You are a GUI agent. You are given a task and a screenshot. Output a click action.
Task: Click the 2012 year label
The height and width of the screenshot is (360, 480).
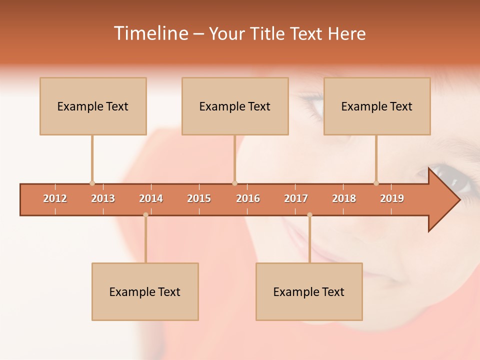pos(55,198)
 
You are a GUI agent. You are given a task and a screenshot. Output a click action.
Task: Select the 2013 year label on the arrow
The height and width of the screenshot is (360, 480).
pos(103,198)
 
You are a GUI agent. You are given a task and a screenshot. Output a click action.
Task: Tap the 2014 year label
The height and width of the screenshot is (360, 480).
pos(151,198)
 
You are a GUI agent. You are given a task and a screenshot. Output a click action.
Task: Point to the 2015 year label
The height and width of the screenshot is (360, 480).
pos(199,198)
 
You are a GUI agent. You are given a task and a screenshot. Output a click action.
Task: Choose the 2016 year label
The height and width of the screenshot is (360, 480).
pos(248,198)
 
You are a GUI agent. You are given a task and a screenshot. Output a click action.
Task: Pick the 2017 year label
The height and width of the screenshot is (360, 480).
pos(296,198)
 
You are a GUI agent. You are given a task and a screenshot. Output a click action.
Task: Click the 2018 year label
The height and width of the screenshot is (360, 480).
pos(344,198)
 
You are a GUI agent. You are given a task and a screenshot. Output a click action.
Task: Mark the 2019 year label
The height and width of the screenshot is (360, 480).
pos(392,198)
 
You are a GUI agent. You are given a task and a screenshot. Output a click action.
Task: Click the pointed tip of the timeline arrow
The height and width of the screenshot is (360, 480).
pos(458,200)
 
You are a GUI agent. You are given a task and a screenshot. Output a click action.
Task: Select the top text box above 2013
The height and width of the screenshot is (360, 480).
pos(93,106)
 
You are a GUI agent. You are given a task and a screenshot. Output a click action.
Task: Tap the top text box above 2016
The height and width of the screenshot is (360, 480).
pos(235,106)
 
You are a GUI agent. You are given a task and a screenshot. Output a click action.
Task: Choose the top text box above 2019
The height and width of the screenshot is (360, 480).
pos(377,106)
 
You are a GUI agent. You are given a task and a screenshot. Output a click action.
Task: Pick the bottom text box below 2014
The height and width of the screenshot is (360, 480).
pos(145,291)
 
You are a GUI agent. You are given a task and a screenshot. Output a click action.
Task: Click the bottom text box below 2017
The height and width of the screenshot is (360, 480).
pos(309,291)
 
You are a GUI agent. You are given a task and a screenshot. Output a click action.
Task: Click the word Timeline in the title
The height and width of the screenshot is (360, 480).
pos(150,33)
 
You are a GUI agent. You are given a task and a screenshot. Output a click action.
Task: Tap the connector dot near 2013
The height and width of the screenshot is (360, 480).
pos(92,183)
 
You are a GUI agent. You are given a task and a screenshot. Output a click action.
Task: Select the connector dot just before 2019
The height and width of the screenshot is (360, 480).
pos(376,183)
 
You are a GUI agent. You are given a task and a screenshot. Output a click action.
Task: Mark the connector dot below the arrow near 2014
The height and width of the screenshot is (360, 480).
pos(145,215)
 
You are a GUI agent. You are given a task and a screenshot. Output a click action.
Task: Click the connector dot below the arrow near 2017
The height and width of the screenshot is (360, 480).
pos(309,215)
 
